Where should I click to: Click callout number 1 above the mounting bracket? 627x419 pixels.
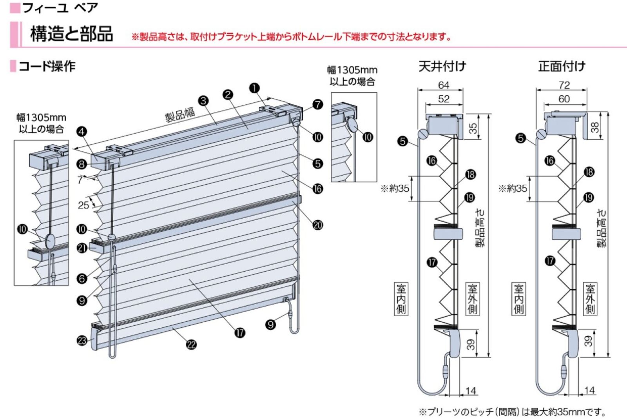coord(255,88)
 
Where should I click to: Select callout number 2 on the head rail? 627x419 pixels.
coord(228,94)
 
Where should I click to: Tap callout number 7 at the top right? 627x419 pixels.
coord(317,104)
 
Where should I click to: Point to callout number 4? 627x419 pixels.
coord(82,131)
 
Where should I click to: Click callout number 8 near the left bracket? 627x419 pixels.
coord(82,164)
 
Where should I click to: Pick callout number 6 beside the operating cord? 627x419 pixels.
coord(82,278)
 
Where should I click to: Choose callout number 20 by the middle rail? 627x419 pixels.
coord(317,225)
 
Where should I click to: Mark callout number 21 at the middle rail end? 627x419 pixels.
coord(82,248)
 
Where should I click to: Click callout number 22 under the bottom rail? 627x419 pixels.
coord(191,345)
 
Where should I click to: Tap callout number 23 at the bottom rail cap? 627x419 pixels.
coord(82,340)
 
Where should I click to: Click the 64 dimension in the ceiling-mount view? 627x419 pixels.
coord(444,85)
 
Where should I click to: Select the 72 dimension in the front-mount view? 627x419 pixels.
coord(564,85)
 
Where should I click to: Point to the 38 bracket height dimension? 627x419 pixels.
coord(595,127)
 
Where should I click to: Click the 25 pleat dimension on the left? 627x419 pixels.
coord(83,205)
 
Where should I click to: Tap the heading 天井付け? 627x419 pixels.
coord(442,66)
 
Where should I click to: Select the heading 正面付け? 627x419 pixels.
coord(562,66)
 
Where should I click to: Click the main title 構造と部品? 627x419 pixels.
coord(71,34)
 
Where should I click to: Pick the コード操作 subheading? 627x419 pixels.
coord(47,66)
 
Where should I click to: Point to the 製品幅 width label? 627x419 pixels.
coord(180,114)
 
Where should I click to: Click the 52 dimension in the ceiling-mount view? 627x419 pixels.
coord(444,99)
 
